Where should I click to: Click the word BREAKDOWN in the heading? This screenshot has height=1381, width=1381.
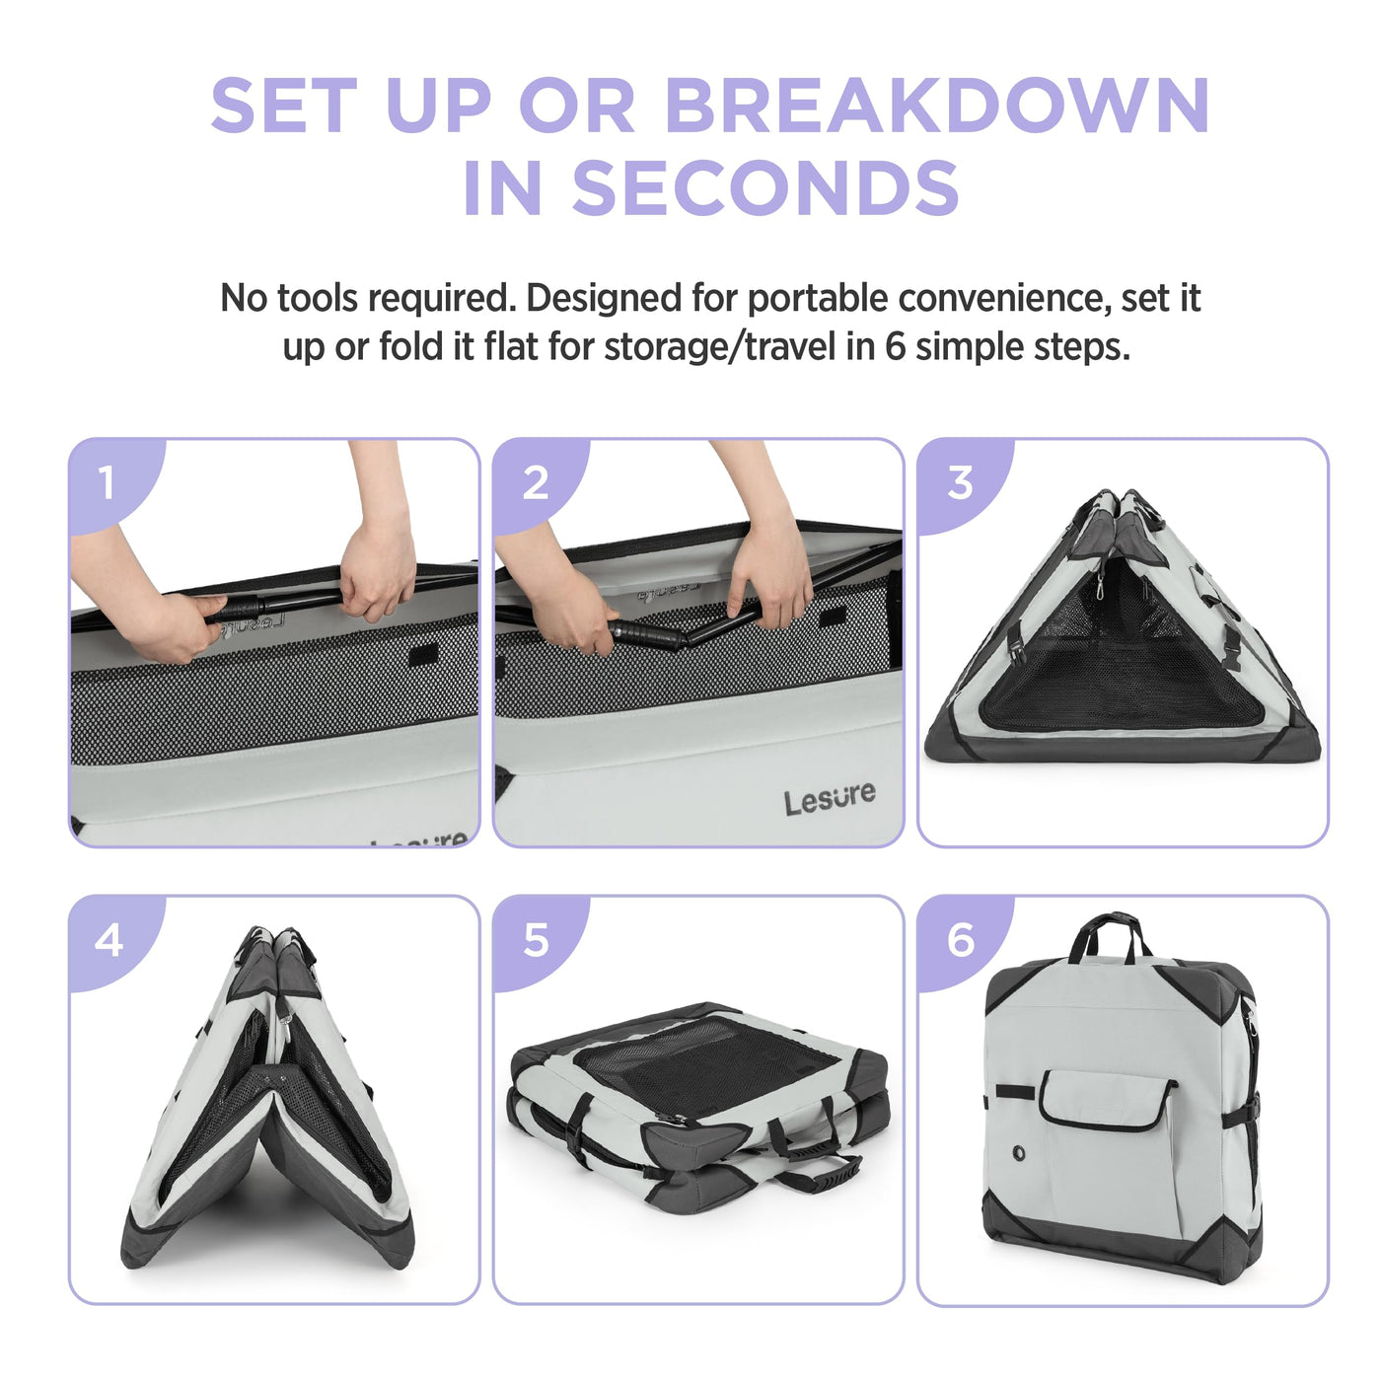[937, 107]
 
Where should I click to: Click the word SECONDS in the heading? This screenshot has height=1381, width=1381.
[765, 186]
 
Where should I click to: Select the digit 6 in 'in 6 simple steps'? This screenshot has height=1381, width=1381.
[895, 347]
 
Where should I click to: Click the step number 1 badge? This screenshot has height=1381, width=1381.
[107, 482]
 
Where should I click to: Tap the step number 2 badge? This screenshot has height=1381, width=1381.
[536, 483]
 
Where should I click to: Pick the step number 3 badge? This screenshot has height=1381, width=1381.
[960, 483]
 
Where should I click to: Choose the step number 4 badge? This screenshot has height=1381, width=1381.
[109, 940]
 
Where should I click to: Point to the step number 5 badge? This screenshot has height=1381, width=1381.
[536, 940]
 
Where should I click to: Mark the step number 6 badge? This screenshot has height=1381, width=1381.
[961, 940]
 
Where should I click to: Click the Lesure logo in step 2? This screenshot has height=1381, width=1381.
[830, 798]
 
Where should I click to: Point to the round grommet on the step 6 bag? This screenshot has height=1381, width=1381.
[1018, 1153]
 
